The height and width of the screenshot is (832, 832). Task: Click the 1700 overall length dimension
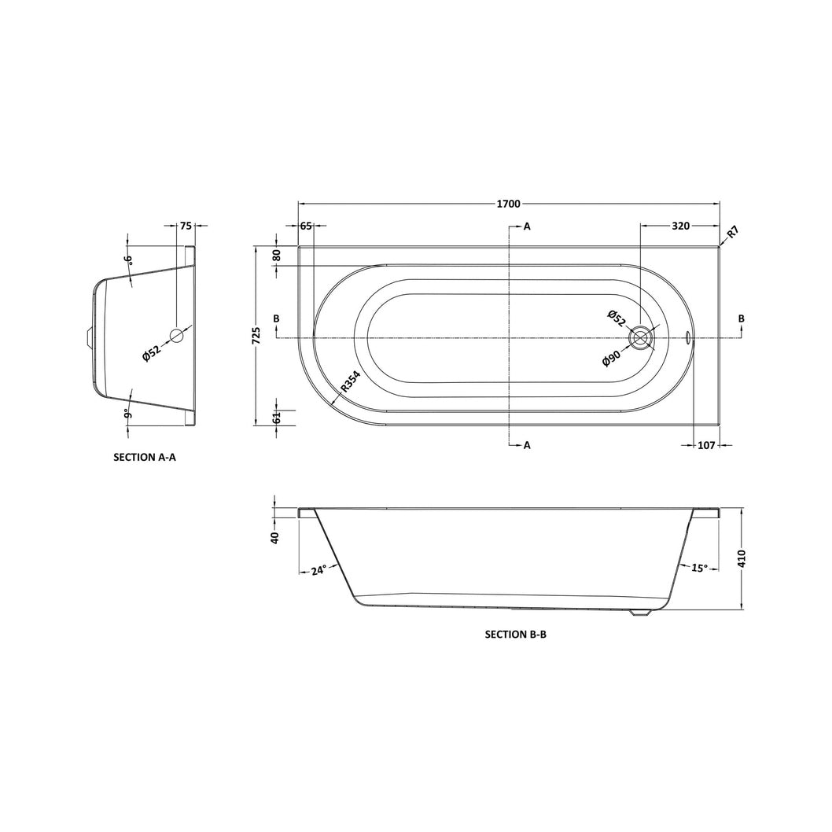pyautogui.click(x=508, y=204)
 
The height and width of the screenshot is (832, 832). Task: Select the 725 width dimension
pyautogui.click(x=256, y=335)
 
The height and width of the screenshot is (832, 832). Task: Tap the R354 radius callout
pyautogui.click(x=350, y=381)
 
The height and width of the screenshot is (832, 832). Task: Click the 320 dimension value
pyautogui.click(x=681, y=226)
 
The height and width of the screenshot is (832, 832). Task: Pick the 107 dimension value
pyautogui.click(x=706, y=446)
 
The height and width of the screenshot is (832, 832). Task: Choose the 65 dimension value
pyautogui.click(x=306, y=226)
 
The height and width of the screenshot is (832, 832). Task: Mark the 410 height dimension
pyautogui.click(x=742, y=559)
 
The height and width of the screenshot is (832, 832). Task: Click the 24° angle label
pyautogui.click(x=319, y=571)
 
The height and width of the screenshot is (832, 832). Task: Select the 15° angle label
pyautogui.click(x=699, y=569)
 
